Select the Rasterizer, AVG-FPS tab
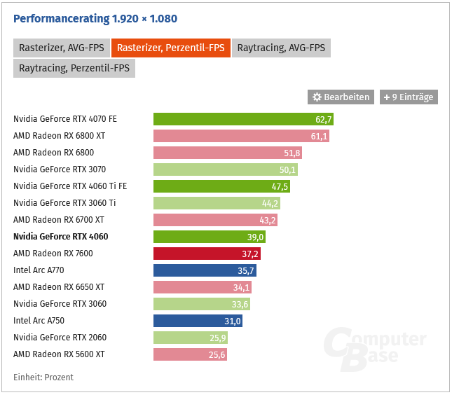click(x=60, y=48)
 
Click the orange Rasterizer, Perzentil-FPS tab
click(x=171, y=48)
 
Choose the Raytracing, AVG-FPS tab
click(x=281, y=48)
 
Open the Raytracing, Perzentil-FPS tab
click(x=74, y=69)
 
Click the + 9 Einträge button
click(x=409, y=97)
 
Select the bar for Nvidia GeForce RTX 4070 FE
click(x=243, y=119)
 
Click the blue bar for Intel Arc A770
click(x=205, y=270)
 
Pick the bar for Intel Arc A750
click(x=198, y=321)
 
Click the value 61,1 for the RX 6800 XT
click(x=318, y=136)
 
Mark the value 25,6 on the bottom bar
click(x=216, y=354)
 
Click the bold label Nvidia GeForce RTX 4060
click(x=61, y=237)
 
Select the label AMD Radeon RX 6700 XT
click(x=59, y=220)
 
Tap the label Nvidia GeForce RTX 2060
click(x=59, y=338)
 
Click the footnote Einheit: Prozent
click(x=43, y=377)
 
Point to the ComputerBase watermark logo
click(x=375, y=347)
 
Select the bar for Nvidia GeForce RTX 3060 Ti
click(x=217, y=203)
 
